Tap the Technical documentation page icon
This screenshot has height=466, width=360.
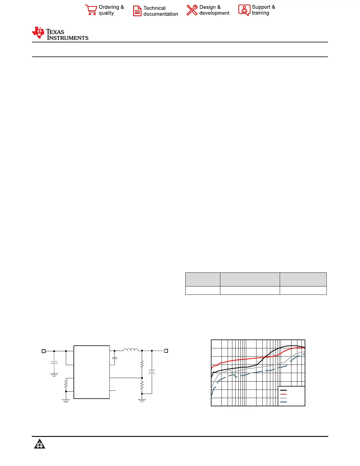[137, 11]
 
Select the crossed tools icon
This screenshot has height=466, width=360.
[192, 10]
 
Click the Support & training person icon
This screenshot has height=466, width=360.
[244, 10]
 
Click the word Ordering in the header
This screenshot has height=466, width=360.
[109, 7]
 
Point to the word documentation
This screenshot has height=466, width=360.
[161, 14]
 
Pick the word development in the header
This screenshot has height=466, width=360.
[214, 13]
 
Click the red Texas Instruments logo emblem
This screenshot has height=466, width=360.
[38, 33]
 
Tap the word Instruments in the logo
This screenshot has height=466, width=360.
[68, 38]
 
